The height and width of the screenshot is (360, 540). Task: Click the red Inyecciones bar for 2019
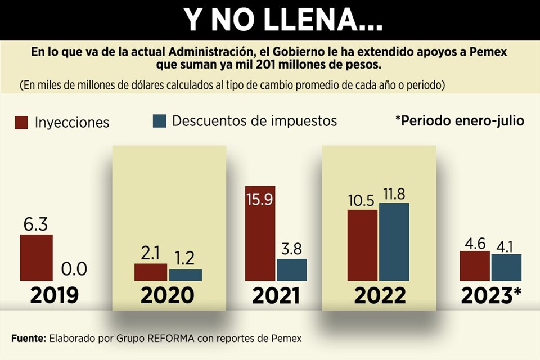[37, 258]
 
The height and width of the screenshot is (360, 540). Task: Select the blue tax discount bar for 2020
[185, 275]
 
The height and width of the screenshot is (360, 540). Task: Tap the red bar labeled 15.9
[260, 233]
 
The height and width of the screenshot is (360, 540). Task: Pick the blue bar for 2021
[292, 269]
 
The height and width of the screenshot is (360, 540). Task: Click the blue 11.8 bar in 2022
[394, 242]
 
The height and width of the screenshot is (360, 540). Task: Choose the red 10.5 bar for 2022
[362, 245]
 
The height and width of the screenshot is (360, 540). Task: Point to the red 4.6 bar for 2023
[475, 266]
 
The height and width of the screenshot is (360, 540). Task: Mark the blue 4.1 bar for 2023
[506, 267]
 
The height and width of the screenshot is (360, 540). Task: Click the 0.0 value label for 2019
[73, 269]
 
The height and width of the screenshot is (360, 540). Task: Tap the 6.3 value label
[36, 224]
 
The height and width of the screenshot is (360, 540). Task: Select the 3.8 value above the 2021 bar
[292, 249]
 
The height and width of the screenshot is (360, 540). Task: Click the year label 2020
[168, 295]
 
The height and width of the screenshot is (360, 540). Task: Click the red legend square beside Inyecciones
[21, 122]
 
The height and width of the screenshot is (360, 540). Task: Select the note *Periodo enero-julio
[460, 121]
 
